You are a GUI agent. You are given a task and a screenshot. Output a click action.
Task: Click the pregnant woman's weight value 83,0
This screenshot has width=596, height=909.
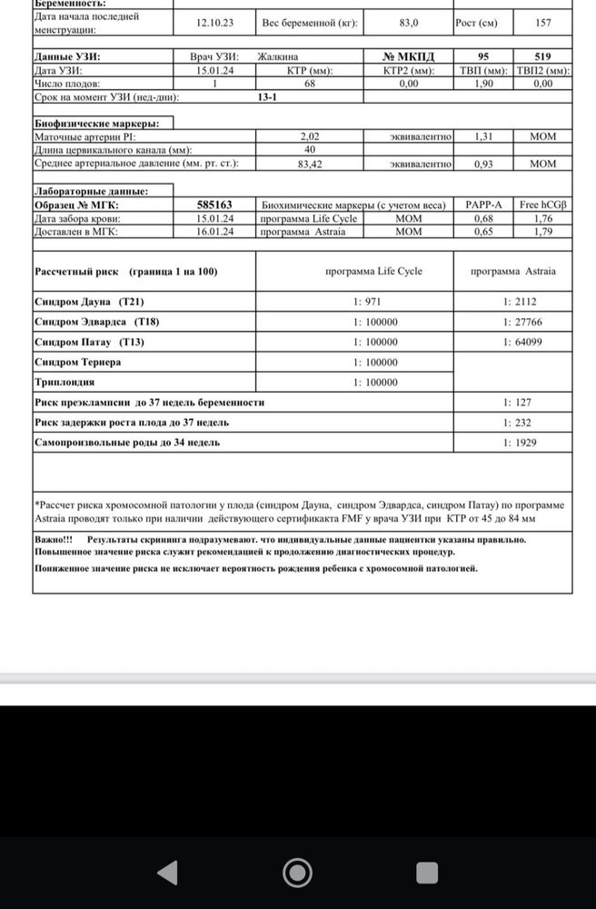click(409, 23)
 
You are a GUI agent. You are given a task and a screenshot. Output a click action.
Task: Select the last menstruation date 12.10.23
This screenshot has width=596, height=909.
click(215, 23)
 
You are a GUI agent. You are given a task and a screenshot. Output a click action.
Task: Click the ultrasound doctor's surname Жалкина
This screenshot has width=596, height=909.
click(283, 56)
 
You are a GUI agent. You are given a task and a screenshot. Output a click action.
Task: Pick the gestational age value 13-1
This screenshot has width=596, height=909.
click(267, 96)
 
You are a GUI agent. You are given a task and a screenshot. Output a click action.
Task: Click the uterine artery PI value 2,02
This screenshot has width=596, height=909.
click(310, 136)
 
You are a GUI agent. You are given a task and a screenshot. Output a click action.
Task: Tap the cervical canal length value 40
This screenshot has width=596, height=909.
click(310, 150)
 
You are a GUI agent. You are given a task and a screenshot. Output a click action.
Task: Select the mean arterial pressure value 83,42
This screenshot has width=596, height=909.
click(310, 164)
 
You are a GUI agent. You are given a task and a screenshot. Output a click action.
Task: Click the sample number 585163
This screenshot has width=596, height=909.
click(215, 205)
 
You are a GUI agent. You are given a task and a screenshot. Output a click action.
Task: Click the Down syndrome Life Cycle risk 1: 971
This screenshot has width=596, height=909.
click(373, 301)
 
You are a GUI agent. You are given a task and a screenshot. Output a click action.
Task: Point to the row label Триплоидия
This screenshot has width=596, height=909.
click(65, 382)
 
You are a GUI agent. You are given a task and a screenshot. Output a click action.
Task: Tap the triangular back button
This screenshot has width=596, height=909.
click(166, 874)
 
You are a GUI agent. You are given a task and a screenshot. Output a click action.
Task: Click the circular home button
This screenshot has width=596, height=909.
click(297, 874)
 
